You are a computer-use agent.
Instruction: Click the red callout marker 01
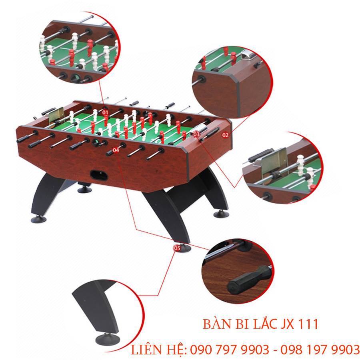click(105, 112)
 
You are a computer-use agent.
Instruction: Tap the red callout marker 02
click(225, 135)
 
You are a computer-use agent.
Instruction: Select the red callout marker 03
click(196, 134)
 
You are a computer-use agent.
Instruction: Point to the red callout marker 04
click(116, 150)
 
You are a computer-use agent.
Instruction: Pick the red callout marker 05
click(177, 248)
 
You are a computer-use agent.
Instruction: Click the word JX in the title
click(287, 324)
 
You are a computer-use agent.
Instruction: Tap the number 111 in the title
click(308, 324)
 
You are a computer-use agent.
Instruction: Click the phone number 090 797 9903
click(229, 350)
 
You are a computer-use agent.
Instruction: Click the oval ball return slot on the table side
click(99, 175)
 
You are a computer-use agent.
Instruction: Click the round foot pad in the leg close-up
click(107, 339)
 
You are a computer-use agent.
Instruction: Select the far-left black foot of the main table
click(38, 219)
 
